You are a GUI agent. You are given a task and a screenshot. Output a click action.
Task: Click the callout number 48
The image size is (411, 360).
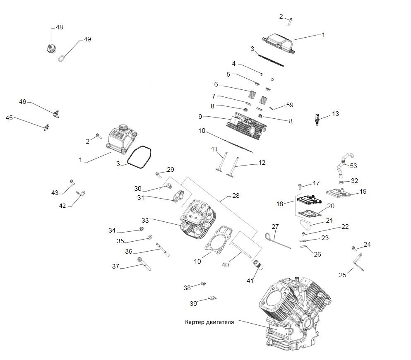(59, 27)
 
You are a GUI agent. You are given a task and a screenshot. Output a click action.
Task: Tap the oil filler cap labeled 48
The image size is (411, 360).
(50, 48)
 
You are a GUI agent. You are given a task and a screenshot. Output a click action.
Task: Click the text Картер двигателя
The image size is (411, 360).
(209, 322)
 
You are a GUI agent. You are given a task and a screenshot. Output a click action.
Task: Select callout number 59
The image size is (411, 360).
(289, 105)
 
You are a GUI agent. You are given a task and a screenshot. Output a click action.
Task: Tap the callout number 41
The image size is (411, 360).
(250, 281)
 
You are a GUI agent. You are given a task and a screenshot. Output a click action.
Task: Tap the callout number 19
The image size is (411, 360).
(363, 192)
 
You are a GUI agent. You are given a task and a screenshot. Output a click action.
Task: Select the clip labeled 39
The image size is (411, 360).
(212, 297)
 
